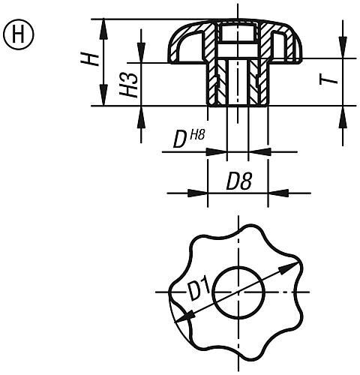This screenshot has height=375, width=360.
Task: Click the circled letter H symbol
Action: (16, 33)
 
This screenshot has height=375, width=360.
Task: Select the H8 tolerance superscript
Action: (196, 135)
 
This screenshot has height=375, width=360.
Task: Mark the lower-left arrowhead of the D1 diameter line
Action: (180, 319)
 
